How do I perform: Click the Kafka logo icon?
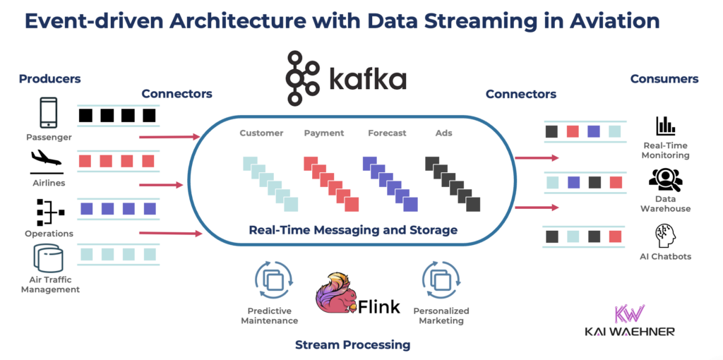(302, 78)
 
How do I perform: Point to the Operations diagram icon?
(49, 211)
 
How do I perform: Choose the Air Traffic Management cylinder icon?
(49, 259)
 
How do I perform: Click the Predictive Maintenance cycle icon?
(273, 280)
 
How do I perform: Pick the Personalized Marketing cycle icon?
(440, 280)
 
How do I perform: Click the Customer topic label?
(261, 133)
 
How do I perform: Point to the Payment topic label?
(324, 133)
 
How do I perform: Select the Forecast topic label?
(387, 133)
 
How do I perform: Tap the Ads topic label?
(443, 133)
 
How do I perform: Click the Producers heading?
(49, 79)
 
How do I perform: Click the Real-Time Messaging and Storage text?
(353, 230)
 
